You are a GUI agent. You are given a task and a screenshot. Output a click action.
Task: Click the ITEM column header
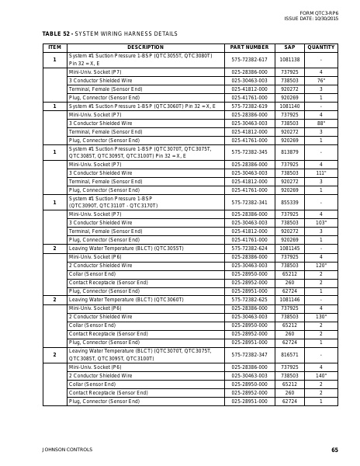[54, 47]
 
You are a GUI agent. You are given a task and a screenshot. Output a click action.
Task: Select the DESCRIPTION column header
[139, 47]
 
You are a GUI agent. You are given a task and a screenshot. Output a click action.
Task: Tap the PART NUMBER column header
[249, 47]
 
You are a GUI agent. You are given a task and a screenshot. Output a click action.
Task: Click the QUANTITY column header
[320, 47]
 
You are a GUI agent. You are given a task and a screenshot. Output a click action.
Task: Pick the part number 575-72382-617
[249, 59]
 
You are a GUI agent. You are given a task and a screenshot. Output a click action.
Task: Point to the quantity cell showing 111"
[320, 172]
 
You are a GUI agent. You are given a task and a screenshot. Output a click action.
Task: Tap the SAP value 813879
[289, 152]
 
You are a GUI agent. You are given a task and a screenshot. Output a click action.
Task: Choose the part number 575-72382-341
[249, 202]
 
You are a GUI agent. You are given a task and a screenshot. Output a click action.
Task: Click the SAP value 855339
[289, 202]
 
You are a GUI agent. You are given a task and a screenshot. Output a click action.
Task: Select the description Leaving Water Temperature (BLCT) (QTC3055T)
[126, 248]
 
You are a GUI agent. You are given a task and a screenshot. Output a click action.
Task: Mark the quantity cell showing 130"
[320, 316]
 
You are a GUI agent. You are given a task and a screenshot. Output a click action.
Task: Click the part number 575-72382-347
[249, 354]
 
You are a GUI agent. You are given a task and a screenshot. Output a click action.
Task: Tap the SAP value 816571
[289, 354]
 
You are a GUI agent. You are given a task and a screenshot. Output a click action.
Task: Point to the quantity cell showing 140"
[320, 375]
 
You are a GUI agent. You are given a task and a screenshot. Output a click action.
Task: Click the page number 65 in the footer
[334, 450]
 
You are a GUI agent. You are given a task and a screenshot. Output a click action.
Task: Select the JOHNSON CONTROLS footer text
[67, 450]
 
